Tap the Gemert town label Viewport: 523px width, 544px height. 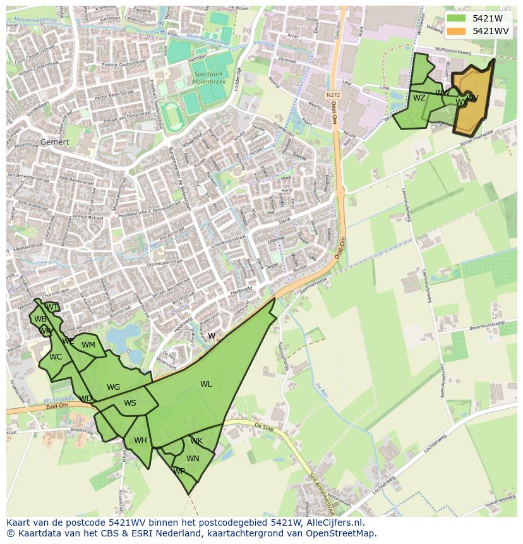tap(54, 142)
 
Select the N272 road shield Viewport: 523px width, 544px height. tap(334, 95)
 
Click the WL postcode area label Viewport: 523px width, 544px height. tap(206, 384)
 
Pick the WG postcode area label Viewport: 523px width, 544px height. tap(114, 387)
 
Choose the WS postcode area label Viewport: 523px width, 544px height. tap(130, 403)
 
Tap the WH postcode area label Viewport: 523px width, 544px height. tap(140, 440)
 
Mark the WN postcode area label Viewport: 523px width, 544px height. tap(193, 459)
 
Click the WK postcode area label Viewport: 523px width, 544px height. tap(196, 441)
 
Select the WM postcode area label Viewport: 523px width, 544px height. tap(88, 345)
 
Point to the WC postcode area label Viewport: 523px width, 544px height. tap(56, 357)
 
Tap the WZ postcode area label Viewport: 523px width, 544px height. tap(419, 98)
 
